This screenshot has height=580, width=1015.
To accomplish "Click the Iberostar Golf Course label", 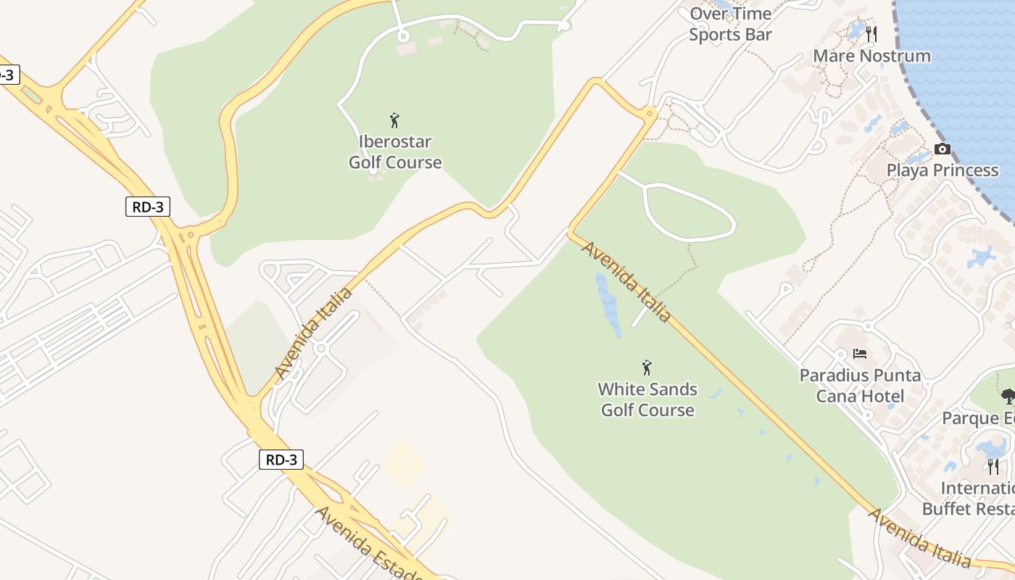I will [395, 152].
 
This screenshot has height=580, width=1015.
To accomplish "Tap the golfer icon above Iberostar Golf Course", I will [394, 120].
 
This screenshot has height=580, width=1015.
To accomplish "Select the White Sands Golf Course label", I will [647, 399].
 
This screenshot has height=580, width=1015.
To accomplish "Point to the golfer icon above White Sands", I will [647, 368].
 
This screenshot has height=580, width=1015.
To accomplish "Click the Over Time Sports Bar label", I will [730, 24].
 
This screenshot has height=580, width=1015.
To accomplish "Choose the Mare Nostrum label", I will [871, 56].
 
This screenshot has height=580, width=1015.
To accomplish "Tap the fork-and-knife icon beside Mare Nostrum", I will [871, 34].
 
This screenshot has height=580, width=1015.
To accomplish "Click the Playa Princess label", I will [942, 170].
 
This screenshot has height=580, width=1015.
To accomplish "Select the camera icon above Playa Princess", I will [942, 149].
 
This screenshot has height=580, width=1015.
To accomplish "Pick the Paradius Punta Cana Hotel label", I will [860, 386].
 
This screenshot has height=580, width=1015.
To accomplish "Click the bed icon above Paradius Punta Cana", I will [860, 354].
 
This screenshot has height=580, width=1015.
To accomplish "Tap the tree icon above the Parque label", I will [1008, 396].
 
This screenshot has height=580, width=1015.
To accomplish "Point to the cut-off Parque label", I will [978, 418].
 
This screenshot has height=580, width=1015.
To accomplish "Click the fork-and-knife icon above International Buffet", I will [993, 466].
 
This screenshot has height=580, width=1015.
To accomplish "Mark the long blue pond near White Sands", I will [608, 304].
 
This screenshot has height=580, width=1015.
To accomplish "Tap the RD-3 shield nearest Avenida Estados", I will [281, 460].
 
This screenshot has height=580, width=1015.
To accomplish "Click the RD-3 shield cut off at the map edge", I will [6, 75].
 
